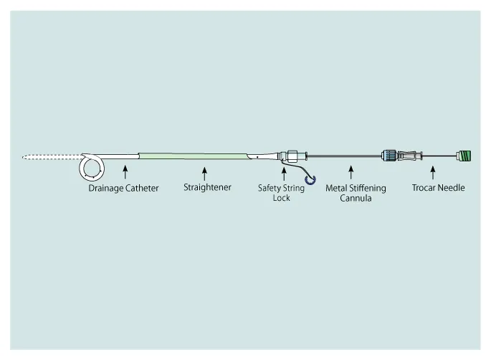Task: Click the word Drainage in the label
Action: [x=105, y=189]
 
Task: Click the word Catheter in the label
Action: [x=142, y=188]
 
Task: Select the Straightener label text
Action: [x=207, y=188]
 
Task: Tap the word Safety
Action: [x=269, y=189]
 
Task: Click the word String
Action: [x=293, y=189]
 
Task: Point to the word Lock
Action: [x=281, y=198]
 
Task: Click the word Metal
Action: [x=336, y=188]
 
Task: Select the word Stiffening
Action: [x=368, y=189]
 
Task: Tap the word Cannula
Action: [x=356, y=198]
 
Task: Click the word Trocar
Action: [x=424, y=188]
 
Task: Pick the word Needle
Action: [x=452, y=188]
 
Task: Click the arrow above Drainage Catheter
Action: [x=125, y=172]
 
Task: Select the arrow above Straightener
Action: [x=204, y=174]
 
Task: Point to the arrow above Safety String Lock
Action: [x=284, y=174]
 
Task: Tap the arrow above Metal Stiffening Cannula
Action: [x=351, y=173]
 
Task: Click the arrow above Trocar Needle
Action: [x=433, y=173]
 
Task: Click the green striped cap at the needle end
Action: [x=464, y=156]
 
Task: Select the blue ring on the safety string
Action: [x=310, y=180]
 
